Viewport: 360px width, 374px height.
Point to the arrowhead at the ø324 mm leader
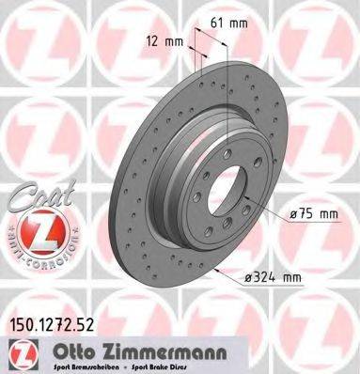click(x=218, y=267)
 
